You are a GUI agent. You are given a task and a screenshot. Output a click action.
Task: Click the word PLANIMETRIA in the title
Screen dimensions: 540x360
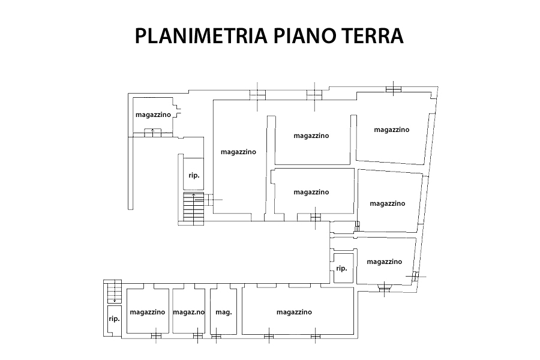pos(201,35)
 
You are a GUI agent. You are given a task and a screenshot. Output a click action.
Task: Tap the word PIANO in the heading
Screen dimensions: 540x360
pos(304,35)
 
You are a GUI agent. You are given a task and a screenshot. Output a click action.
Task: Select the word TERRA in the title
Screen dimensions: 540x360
pos(372,35)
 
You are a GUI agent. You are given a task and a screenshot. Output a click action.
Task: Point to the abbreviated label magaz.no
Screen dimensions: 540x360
pos(189,312)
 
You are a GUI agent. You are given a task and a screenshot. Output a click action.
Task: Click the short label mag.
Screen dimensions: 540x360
pos(224,313)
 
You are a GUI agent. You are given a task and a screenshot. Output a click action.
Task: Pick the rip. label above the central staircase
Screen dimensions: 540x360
pos(194,175)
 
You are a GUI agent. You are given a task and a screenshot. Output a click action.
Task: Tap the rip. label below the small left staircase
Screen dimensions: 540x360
pos(114,319)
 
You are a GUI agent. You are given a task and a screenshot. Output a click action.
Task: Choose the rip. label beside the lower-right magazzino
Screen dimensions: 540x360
pos(341,268)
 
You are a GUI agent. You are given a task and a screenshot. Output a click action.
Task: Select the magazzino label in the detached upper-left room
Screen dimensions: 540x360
pos(153,115)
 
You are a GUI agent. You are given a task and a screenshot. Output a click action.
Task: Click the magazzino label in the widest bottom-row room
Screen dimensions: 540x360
pos(294,312)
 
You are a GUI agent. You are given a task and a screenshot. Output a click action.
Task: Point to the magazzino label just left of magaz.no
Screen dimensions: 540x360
pos(148,312)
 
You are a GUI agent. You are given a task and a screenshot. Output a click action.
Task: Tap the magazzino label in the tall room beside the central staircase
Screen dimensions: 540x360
pos(238,152)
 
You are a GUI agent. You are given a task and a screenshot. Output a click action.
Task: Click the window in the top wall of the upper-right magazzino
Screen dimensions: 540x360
pos(394,89)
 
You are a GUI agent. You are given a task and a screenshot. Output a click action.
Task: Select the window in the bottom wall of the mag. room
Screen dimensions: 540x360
pos(216,337)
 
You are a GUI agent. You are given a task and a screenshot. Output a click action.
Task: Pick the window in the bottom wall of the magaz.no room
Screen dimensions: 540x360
pos(197,336)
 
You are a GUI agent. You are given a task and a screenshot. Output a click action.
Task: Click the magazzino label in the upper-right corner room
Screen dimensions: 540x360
pos(392,130)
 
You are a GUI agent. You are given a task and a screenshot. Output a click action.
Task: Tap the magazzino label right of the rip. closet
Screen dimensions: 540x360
pos(385,262)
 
